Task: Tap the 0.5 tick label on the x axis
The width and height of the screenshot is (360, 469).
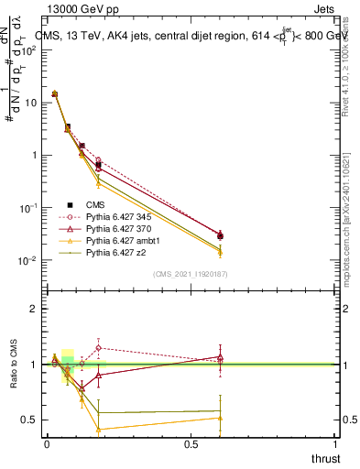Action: coord(191,444)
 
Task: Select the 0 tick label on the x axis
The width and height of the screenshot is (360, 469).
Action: coord(47,444)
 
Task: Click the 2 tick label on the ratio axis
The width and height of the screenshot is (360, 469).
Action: coord(32,310)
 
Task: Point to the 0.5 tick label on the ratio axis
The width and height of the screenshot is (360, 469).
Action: coord(29,420)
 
